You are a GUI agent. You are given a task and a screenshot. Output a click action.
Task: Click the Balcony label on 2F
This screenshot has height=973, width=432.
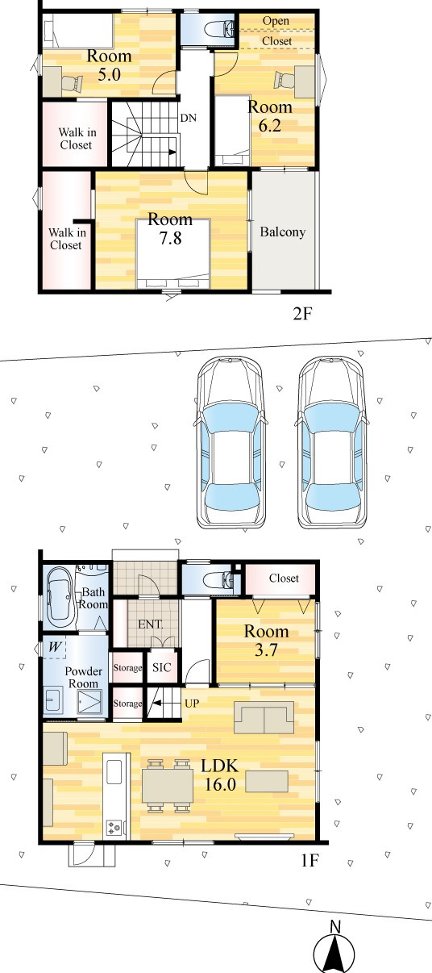tap(282, 232)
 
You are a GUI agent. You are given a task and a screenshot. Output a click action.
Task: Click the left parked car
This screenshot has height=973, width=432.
tap(230, 443)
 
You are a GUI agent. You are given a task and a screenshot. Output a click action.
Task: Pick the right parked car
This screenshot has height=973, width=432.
tap(331, 443)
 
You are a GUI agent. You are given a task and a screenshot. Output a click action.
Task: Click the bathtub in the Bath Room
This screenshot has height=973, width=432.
tap(60, 598)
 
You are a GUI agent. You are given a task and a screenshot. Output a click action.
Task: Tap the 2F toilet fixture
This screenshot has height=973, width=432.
tap(219, 29)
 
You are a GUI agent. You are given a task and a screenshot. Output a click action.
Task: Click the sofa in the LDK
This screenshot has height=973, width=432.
tap(264, 717)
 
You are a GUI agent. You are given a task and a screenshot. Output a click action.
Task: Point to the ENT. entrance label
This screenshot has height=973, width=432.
tap(151, 624)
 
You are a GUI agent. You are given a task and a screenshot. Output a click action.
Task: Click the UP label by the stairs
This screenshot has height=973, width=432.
tap(192, 703)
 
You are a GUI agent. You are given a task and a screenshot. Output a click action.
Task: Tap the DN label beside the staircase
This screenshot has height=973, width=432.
tap(189, 118)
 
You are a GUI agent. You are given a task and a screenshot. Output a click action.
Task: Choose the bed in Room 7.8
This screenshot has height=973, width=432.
tap(173, 254)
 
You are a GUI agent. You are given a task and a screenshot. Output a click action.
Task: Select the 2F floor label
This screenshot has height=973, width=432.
tap(303, 314)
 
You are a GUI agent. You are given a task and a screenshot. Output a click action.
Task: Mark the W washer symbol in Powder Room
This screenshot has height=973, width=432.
tap(55, 647)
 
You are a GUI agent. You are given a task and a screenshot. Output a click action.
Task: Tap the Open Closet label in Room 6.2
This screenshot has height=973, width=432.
tap(276, 31)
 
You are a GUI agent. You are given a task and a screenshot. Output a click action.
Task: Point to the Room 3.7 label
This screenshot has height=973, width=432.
tap(266, 641)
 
